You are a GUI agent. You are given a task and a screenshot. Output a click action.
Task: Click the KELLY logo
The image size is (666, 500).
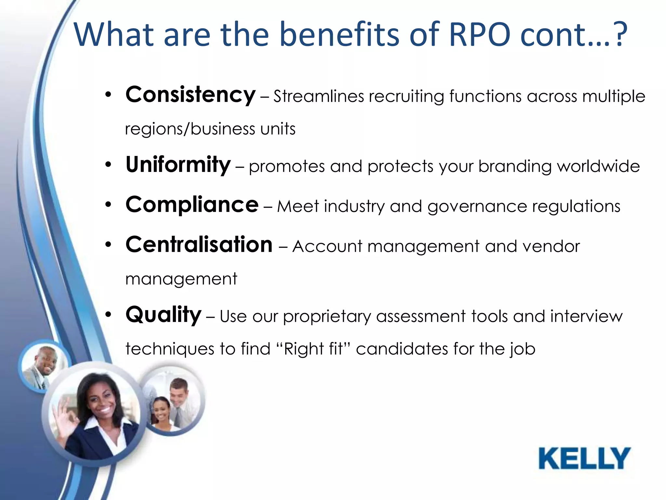[x=584, y=458]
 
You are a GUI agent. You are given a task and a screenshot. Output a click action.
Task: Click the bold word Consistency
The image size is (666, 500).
[x=191, y=95]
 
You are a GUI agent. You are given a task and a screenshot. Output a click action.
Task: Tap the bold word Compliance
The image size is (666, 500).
[x=192, y=205]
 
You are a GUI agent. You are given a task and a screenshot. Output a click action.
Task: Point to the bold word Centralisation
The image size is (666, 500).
[x=199, y=244]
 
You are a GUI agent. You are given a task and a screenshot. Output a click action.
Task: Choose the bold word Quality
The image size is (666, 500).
[x=164, y=315]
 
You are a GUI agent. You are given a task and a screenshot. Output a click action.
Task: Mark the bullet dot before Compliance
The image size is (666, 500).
[x=108, y=205]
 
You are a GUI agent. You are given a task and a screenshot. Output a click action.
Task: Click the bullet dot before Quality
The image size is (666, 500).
[x=108, y=315]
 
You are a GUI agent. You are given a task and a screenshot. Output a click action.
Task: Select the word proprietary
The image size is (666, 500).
[x=327, y=317]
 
